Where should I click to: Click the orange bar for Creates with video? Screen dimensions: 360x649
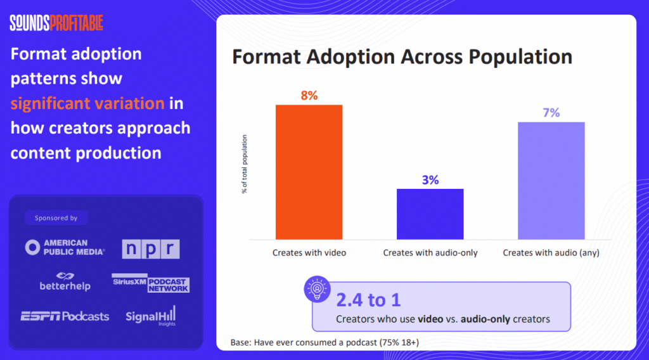[x=309, y=172]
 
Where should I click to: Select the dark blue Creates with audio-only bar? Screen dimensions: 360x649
[x=430, y=214]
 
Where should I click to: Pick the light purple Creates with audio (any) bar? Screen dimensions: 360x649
[x=551, y=180]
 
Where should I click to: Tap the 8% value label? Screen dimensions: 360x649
[x=309, y=96]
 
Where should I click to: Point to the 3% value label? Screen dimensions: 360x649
[x=430, y=180]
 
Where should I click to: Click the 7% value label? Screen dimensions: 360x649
[x=551, y=113]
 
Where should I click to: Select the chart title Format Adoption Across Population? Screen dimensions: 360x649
[x=402, y=56]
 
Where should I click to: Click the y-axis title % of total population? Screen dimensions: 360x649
[x=245, y=164]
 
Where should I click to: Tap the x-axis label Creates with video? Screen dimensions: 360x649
[x=309, y=252]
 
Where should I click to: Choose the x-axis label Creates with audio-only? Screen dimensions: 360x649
[x=430, y=252]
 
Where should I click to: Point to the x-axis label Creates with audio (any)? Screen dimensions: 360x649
[x=551, y=252]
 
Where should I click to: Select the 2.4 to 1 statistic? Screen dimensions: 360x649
[x=368, y=300]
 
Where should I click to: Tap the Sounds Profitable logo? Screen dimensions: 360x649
[x=56, y=23]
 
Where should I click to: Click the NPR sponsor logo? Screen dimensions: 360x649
[x=151, y=248]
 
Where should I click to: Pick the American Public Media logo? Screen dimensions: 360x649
[x=65, y=247]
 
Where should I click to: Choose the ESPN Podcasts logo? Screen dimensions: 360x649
[x=65, y=316]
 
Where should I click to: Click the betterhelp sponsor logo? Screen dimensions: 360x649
[x=65, y=282]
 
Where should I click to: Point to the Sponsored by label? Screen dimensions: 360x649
[x=56, y=218]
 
